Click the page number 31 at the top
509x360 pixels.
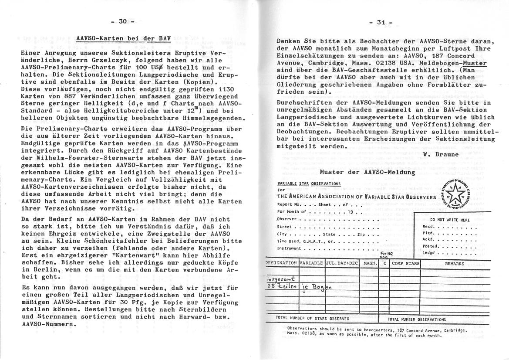click(381, 23)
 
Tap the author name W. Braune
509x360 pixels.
click(441, 155)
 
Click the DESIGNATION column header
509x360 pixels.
click(281, 263)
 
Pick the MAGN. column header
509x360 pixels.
click(370, 263)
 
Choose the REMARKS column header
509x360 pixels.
click(454, 263)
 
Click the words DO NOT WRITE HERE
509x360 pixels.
click(450, 220)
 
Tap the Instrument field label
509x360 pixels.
click(289, 248)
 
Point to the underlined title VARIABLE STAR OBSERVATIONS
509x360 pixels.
click(309, 184)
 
